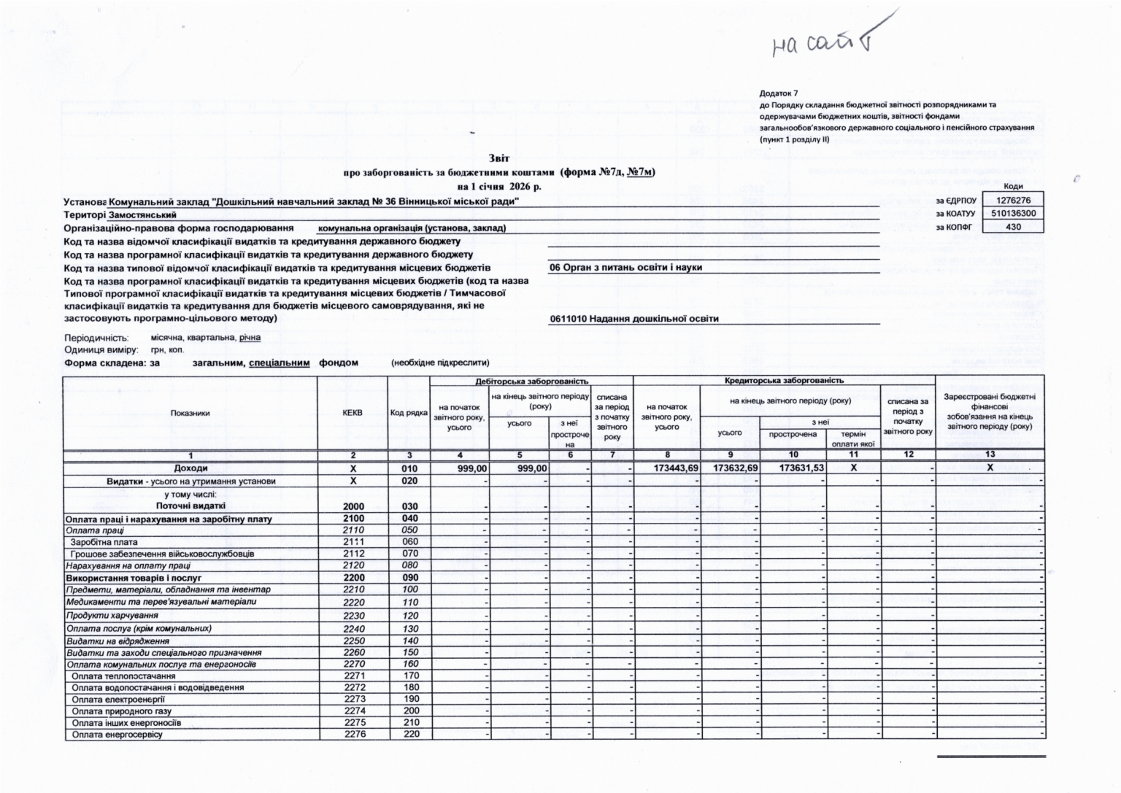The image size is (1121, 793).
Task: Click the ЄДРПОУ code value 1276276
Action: pos(1013,200)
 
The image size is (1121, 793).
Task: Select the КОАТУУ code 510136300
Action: pos(1013,213)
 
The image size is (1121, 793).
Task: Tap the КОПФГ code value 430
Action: pos(1013,227)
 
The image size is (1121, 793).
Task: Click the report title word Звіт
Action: pos(499,158)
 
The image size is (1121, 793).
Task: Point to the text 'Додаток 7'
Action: pos(779,93)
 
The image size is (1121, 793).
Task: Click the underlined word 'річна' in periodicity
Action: pos(250,338)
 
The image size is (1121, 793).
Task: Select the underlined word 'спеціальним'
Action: pos(279,363)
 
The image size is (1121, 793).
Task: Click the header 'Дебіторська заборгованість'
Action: pos(531,381)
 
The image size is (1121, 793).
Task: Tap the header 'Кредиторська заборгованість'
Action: pos(784,381)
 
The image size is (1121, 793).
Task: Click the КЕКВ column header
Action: pos(353,413)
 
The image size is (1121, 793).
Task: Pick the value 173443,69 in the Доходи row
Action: pos(667,468)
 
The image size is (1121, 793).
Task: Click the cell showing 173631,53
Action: pos(793,468)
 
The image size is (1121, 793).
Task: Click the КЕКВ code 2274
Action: pos(354,711)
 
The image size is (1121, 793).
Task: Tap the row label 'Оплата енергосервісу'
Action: pos(117,735)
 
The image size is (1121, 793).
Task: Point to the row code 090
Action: pos(410,578)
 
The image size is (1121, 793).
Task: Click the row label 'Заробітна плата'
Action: pos(104,542)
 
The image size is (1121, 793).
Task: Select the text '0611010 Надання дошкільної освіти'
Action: pos(634,319)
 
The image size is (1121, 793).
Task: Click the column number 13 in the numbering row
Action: pos(990,454)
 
